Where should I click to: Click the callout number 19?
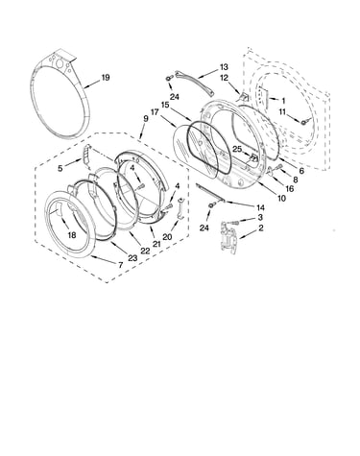point(106,78)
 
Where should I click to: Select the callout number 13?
point(224,67)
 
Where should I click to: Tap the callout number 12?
point(224,78)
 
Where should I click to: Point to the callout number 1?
point(283,101)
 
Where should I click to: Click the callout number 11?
point(282,112)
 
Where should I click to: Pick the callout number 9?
point(146,118)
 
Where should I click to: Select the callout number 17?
point(155,112)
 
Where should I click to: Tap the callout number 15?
point(165,105)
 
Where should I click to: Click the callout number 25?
point(237,149)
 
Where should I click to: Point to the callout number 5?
point(60,168)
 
